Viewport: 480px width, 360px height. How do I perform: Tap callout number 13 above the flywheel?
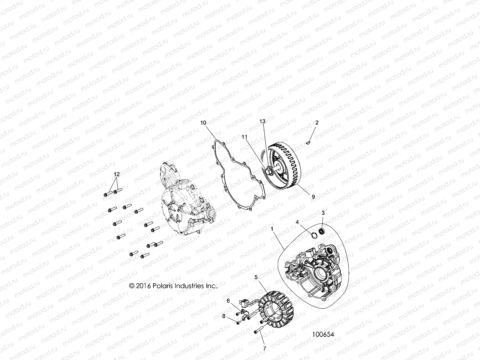[x=262, y=121]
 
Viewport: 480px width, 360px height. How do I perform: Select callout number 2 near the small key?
[x=317, y=123]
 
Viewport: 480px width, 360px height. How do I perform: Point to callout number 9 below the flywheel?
[x=313, y=197]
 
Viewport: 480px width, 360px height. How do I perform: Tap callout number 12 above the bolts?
[x=116, y=174]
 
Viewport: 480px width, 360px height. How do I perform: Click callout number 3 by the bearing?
[x=323, y=213]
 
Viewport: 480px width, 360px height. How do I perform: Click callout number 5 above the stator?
[x=256, y=277]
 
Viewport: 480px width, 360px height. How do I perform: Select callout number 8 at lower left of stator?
[x=223, y=316]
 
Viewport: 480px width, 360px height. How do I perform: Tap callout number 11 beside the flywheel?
[x=245, y=136]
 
